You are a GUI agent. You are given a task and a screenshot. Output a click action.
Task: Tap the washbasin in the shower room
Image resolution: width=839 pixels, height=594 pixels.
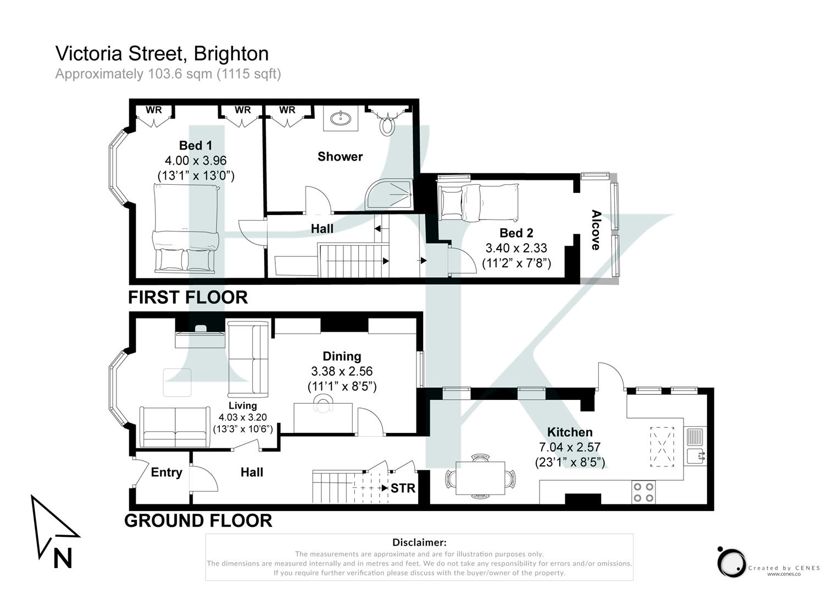point(341,118)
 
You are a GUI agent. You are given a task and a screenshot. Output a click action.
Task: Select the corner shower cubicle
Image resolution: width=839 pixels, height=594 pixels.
point(391,194)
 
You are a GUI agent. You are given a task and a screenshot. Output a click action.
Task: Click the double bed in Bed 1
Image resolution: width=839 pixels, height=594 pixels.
point(186,228)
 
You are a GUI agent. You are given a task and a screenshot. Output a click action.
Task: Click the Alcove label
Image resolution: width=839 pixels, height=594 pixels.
point(596,230)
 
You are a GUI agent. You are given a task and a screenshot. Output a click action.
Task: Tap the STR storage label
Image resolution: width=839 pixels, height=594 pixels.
point(403,488)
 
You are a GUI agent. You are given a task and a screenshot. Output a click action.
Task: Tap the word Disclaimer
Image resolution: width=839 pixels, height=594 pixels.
point(419,543)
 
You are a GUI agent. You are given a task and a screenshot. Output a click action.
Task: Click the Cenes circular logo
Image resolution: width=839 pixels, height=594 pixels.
point(731,562)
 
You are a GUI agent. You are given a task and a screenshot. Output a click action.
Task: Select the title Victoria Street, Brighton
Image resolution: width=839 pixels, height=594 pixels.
point(162,53)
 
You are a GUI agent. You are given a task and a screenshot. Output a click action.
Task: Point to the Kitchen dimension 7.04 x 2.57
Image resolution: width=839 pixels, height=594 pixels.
point(570,447)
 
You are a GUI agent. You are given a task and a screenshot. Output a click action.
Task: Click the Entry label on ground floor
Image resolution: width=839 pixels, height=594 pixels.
point(166,472)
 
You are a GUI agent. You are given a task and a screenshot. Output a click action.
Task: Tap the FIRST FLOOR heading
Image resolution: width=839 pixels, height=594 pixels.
point(188,297)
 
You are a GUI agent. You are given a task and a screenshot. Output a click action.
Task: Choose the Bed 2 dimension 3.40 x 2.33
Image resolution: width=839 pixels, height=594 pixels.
point(516,248)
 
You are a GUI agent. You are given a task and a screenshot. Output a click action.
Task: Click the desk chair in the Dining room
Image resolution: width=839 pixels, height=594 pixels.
point(323,405)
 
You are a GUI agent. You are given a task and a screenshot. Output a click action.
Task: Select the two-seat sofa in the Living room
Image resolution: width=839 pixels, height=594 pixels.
point(175,427)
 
